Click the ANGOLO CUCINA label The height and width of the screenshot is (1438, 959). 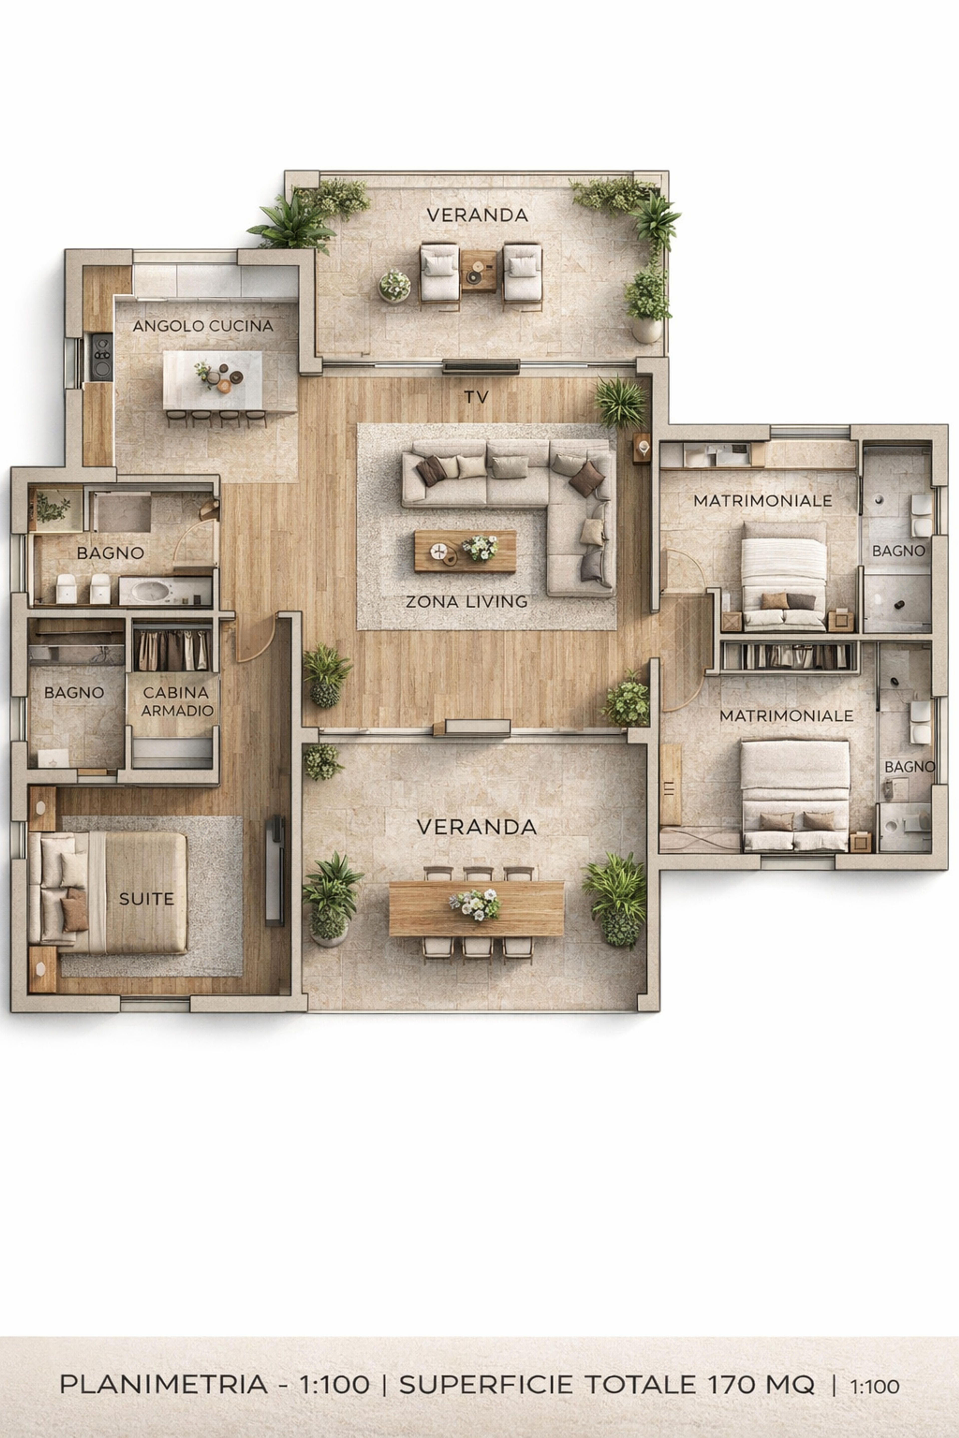203,326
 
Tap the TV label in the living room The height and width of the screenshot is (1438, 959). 477,397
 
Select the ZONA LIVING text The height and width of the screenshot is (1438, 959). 467,602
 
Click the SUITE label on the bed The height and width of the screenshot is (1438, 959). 147,899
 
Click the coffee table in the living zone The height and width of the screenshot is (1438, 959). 465,551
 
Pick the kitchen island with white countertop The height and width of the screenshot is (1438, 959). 212,380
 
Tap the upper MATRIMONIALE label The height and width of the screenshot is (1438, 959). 763,501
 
